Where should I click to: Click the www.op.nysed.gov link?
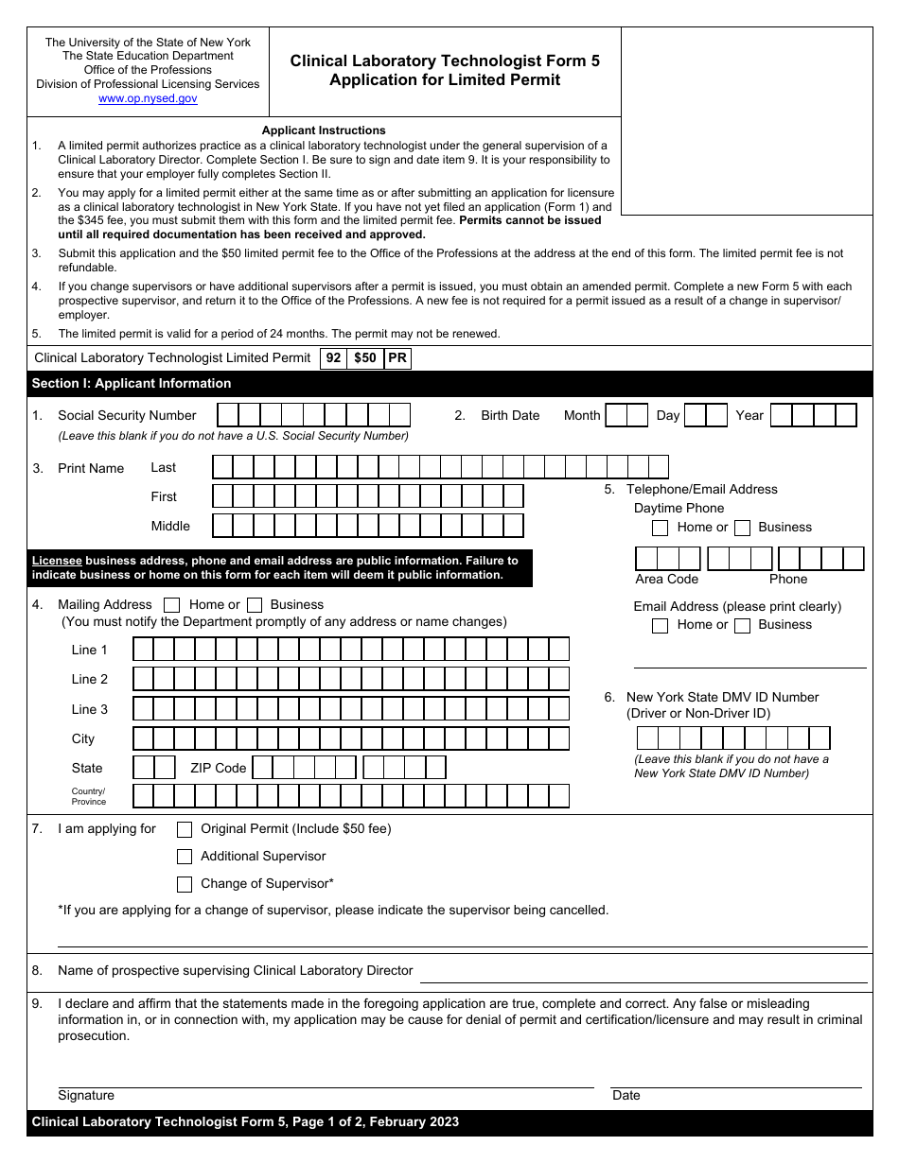pyautogui.click(x=148, y=98)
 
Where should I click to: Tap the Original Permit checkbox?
pyautogui.click(x=185, y=829)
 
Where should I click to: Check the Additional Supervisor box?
pyautogui.click(x=185, y=857)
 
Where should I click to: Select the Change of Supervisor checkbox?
pyautogui.click(x=185, y=884)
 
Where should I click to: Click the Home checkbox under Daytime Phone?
pyautogui.click(x=661, y=528)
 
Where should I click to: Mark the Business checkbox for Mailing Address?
pyautogui.click(x=255, y=605)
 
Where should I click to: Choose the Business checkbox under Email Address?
pyautogui.click(x=743, y=625)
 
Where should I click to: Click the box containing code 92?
pyautogui.click(x=333, y=358)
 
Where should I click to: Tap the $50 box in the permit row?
pyautogui.click(x=364, y=358)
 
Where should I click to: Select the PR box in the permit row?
pyautogui.click(x=397, y=358)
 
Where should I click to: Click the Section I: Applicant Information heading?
pyautogui.click(x=132, y=383)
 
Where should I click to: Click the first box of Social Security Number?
pyautogui.click(x=228, y=415)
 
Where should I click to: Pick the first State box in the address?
pyautogui.click(x=143, y=767)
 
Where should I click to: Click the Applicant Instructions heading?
pyautogui.click(x=324, y=130)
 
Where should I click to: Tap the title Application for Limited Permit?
pyautogui.click(x=445, y=80)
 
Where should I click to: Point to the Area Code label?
pyautogui.click(x=666, y=579)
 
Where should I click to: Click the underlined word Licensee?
pyautogui.click(x=57, y=561)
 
